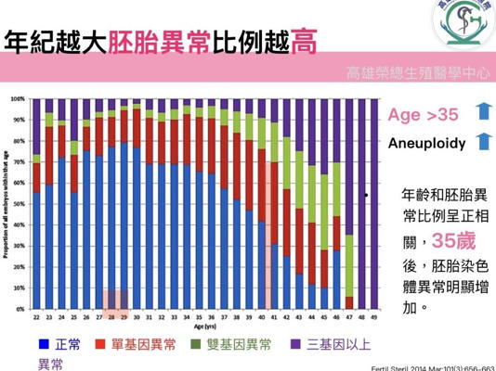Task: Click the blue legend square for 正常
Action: click(43, 345)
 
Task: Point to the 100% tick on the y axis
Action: click(18, 98)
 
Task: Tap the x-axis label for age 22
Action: click(36, 318)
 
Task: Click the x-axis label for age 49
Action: click(374, 318)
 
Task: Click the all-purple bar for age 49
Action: click(374, 205)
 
